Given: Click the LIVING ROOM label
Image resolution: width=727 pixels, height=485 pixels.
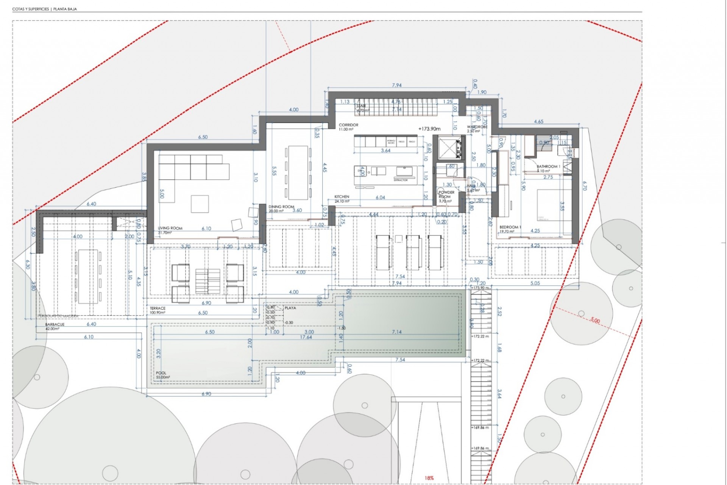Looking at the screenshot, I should point(170,228).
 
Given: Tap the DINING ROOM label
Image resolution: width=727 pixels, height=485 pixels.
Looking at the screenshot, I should point(281,207).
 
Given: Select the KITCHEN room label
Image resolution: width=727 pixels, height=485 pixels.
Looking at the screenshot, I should point(342,197).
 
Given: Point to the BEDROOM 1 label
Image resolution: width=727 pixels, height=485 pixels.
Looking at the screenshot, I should point(510,227).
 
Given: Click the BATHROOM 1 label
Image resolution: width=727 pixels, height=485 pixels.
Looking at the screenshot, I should point(548,167).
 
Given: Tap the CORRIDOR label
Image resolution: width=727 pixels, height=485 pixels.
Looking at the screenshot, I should point(348,125).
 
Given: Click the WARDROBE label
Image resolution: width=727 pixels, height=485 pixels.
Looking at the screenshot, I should point(477,127).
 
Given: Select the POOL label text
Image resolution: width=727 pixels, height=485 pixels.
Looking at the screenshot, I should point(161,373).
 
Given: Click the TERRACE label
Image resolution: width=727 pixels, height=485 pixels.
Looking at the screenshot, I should point(158,308).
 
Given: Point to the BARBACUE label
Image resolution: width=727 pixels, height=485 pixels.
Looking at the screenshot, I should point(55,325).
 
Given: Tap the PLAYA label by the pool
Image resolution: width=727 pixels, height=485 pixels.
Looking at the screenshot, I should point(290,308).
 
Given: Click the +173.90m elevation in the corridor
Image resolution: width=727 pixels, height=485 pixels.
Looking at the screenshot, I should point(429,129).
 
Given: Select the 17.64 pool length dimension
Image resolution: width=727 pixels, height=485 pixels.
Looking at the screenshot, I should point(306,337).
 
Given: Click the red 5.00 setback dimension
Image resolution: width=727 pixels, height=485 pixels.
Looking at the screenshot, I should point(595,321).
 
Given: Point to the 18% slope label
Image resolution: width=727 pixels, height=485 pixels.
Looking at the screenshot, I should point(429,478).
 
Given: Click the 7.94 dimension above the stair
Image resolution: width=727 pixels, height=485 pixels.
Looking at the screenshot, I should point(396,85).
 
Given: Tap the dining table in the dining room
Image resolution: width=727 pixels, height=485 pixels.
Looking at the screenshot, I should point(298,172).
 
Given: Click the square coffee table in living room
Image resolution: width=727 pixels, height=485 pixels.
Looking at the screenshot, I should point(200,203).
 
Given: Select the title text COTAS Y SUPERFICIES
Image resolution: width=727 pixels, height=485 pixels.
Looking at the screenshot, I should point(30,9).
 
